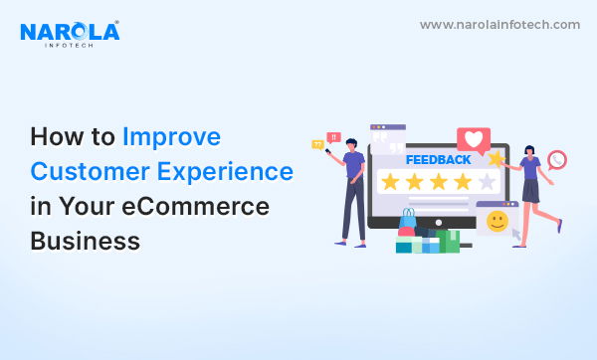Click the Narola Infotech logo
tap(69, 33)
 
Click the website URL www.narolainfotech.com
tap(498, 24)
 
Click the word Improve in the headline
tap(171, 136)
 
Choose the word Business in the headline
tap(84, 240)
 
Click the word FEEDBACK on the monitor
tap(438, 159)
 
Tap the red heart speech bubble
tap(473, 140)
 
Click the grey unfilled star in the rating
tap(487, 182)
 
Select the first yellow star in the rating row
tap(390, 182)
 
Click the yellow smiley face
tap(497, 220)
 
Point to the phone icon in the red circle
tap(557, 159)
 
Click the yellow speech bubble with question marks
tap(318, 145)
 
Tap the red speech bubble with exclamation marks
tap(333, 137)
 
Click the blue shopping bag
tap(407, 220)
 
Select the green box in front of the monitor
tap(450, 242)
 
